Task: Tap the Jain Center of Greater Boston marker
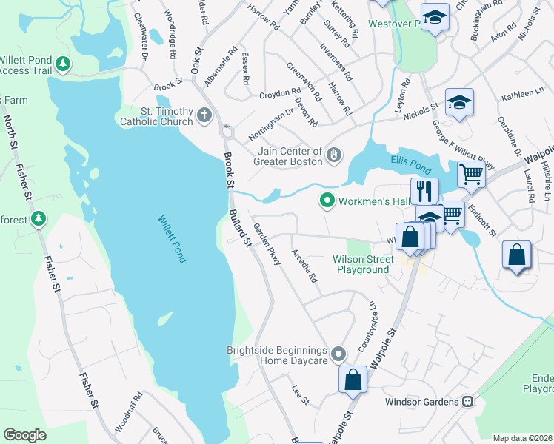click(x=335, y=155)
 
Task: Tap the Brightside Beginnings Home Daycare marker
click(x=338, y=354)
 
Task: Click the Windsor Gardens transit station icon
click(x=467, y=402)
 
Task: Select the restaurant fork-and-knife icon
click(x=424, y=190)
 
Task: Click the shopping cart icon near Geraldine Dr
click(x=471, y=175)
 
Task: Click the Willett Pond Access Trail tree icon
click(x=64, y=64)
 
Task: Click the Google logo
click(x=24, y=435)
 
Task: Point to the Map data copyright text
click(x=522, y=438)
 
